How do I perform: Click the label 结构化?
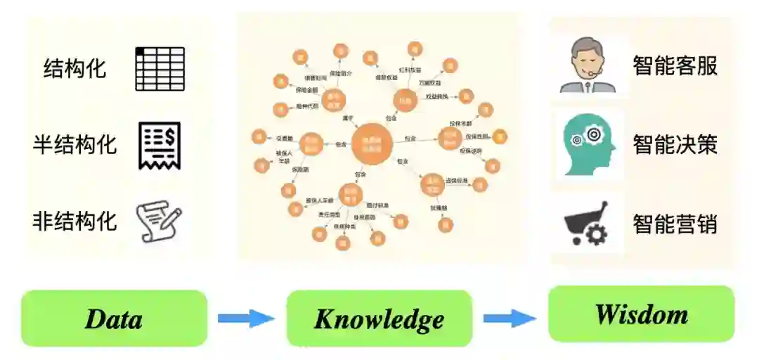tap(74, 69)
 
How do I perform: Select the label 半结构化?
tap(74, 145)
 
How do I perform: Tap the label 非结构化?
tap(74, 221)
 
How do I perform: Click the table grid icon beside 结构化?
tap(160, 69)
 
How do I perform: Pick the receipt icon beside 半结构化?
tap(160, 146)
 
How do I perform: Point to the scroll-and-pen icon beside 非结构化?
tap(159, 221)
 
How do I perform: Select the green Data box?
tap(115, 319)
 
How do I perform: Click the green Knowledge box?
tap(379, 319)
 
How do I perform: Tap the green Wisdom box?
tap(641, 314)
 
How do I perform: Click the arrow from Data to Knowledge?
tap(245, 319)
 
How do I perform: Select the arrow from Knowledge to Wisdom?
tap(510, 318)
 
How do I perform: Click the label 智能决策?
tap(675, 145)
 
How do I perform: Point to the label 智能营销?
tap(675, 224)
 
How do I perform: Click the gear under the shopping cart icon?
tap(596, 234)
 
